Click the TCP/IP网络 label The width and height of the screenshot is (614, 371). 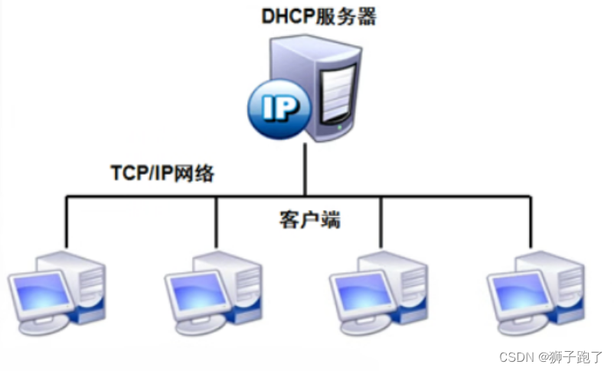point(162,173)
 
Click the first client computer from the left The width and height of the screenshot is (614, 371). point(57,287)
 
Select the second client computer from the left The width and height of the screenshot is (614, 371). point(214,287)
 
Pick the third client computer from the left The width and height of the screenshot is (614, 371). point(379,287)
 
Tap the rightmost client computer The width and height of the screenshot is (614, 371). point(536,287)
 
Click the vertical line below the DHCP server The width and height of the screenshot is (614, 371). point(305,169)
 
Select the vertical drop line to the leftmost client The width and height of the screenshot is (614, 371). point(67,222)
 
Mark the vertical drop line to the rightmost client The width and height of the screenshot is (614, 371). point(530,222)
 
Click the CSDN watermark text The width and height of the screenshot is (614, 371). point(550,357)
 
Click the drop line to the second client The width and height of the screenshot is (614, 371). point(217,222)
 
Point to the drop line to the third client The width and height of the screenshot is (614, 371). point(381,222)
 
